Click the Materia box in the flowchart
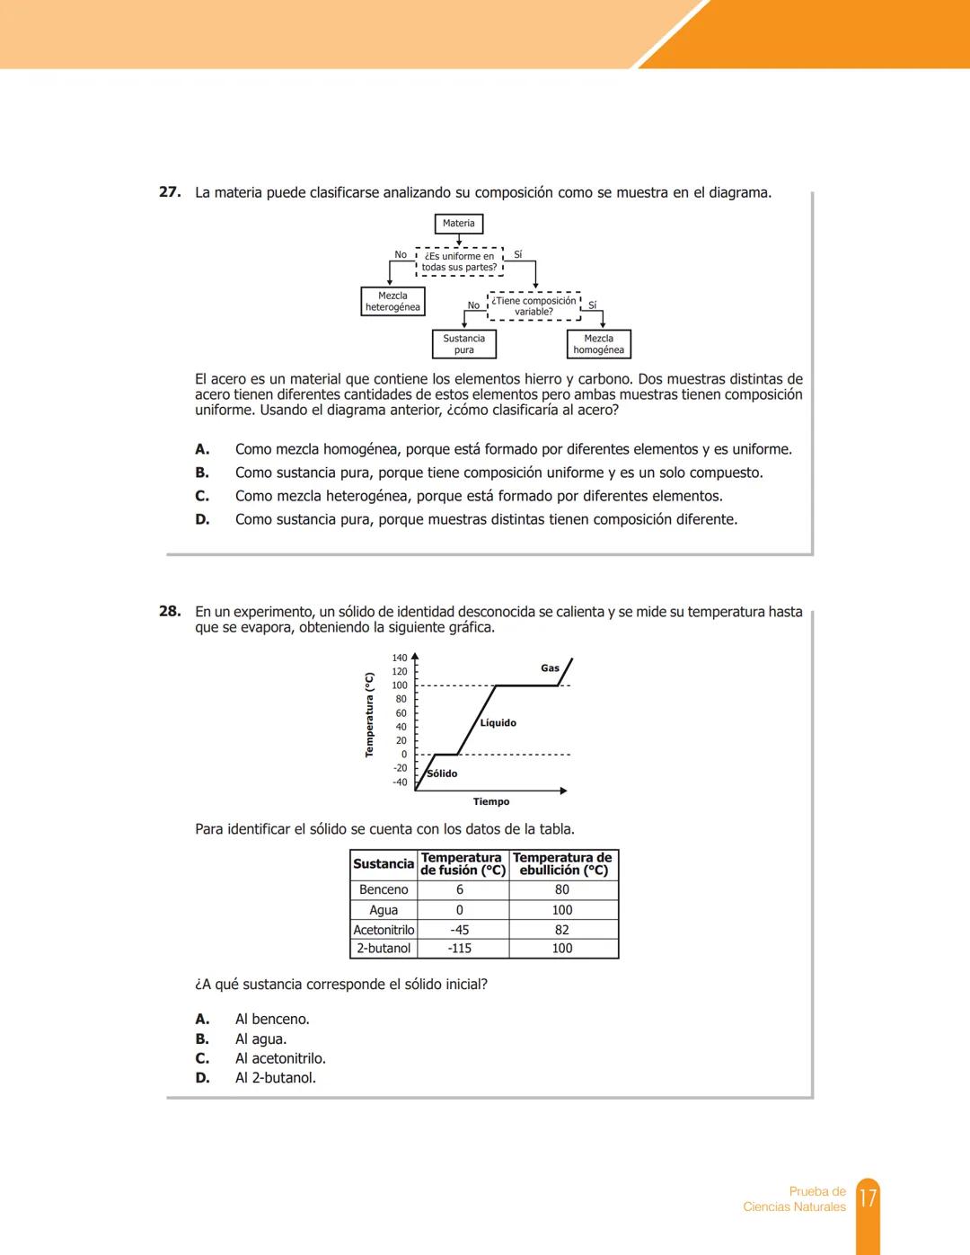point(458,224)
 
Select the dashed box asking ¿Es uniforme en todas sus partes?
point(459,261)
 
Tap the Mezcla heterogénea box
point(392,302)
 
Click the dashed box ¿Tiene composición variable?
point(533,306)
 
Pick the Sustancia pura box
point(463,344)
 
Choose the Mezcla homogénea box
point(598,344)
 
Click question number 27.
point(170,192)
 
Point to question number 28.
point(170,612)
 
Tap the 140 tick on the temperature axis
point(400,658)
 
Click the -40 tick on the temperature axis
point(400,782)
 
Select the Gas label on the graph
point(550,668)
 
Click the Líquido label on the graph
point(498,723)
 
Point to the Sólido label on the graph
point(442,773)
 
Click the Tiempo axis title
point(491,801)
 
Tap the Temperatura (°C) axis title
point(369,715)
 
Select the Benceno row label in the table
point(384,889)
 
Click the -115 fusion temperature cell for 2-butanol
point(460,949)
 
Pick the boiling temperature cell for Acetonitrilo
point(562,930)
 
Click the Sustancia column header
point(384,864)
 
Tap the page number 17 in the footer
point(868,1198)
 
